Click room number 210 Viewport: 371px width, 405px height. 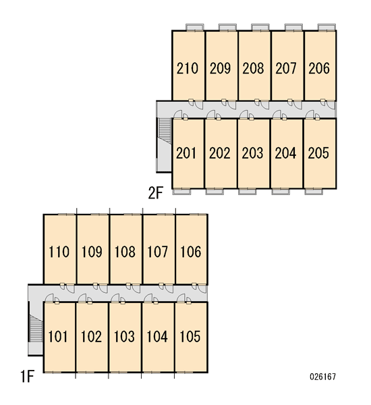point(188,68)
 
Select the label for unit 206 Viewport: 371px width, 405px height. point(319,68)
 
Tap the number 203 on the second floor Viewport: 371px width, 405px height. point(252,153)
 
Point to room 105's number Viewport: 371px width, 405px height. point(190,337)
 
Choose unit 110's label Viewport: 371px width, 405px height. point(59,252)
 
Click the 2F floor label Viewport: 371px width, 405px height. point(156,192)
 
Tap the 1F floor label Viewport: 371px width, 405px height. point(27,377)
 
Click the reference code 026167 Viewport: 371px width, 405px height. point(322,377)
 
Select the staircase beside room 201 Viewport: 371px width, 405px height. point(165,130)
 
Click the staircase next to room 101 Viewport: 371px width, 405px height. point(36,328)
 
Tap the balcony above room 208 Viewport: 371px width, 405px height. point(260,27)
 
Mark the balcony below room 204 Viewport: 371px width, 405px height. point(281,192)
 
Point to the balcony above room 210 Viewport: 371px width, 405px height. point(195,27)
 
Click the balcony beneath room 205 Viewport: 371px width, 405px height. point(314,192)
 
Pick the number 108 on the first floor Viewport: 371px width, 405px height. point(125,252)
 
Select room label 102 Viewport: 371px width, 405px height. point(91,337)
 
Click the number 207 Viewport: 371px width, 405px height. point(286,68)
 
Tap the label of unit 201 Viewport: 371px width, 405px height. point(186,153)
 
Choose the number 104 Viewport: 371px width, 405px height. point(157,337)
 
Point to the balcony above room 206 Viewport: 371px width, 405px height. point(326,27)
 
